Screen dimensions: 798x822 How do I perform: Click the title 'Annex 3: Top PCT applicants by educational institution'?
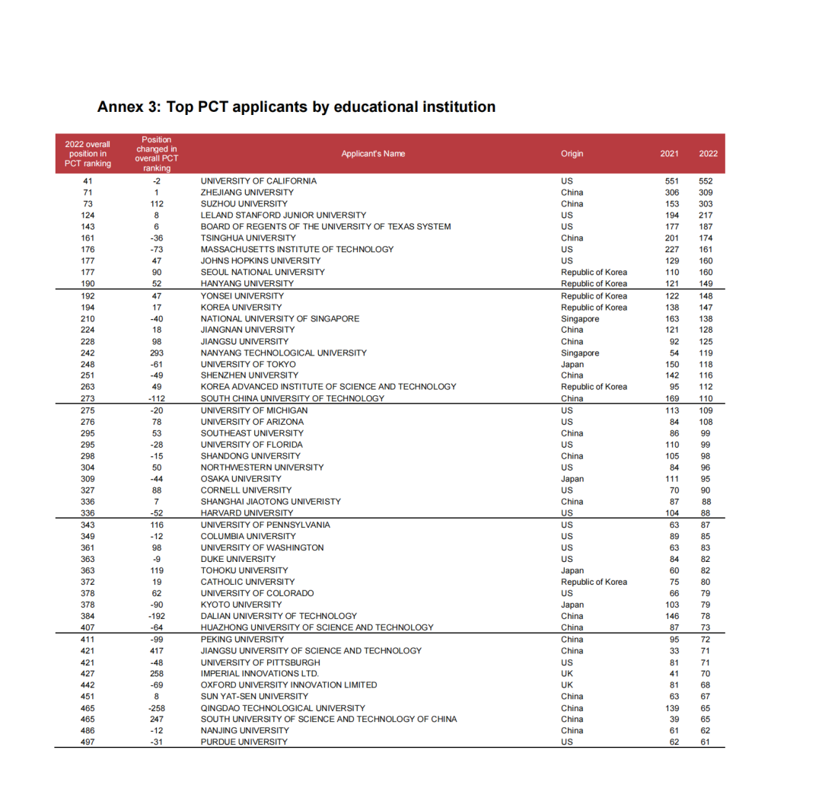pos(296,107)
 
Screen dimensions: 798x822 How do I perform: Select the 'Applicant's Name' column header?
pos(373,154)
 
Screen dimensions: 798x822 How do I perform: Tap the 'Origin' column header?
pos(572,154)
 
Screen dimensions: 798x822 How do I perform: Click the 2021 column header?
pos(670,154)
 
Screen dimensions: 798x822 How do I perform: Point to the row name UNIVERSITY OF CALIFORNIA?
pos(258,181)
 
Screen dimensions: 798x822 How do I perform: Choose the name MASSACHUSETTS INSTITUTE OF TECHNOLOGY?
pos(297,250)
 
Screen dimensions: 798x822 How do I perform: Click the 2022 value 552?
pos(706,181)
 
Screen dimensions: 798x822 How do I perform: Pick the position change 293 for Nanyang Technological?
pos(157,353)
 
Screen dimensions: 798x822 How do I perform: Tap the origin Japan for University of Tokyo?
pos(572,365)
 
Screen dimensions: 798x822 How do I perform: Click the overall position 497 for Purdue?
pos(88,742)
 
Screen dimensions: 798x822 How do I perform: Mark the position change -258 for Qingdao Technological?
pos(157,708)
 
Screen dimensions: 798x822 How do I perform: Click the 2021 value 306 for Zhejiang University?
pos(670,193)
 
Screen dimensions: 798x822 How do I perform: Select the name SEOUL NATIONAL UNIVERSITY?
pos(263,273)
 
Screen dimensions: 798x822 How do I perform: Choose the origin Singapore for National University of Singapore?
pos(580,319)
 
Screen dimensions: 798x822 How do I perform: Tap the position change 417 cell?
pos(157,651)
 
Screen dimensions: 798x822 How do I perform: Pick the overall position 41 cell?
pos(88,181)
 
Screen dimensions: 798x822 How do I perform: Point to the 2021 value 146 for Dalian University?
pos(670,616)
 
